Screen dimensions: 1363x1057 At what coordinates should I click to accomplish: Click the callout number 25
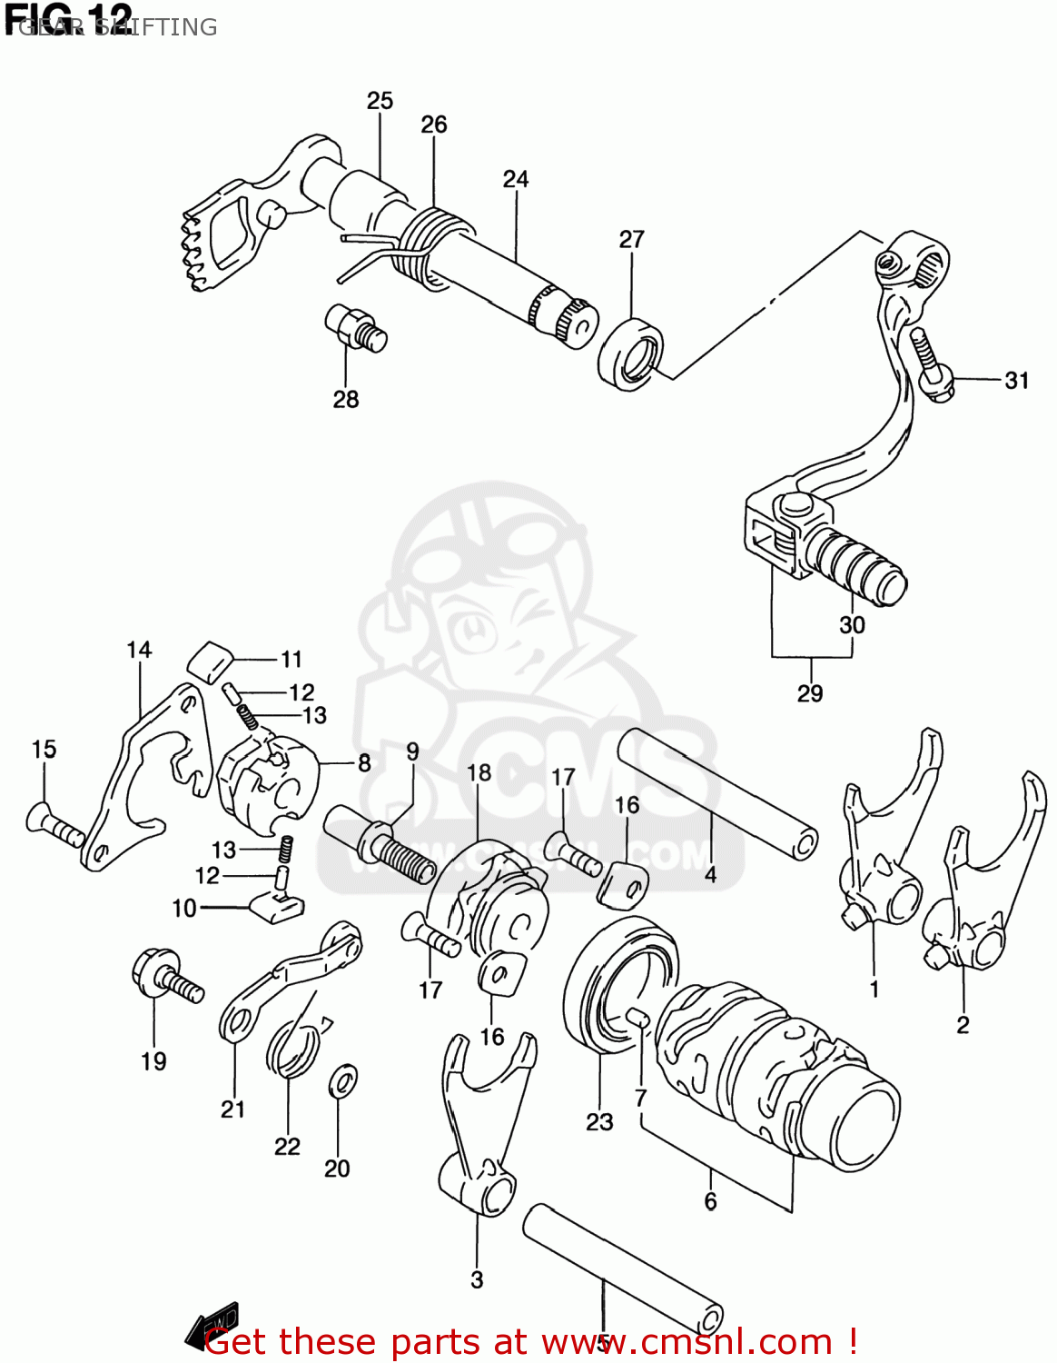(380, 101)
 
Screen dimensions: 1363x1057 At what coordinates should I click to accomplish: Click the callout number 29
(809, 693)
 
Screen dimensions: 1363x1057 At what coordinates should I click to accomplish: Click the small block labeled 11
(211, 659)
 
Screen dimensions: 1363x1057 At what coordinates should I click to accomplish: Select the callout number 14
(139, 651)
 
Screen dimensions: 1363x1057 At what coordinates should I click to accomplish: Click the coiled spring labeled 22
(291, 1048)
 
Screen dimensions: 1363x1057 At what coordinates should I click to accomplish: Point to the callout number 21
(233, 1109)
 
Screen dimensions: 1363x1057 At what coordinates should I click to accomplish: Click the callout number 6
(710, 1201)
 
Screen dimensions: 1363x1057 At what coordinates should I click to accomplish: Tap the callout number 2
(963, 1025)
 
